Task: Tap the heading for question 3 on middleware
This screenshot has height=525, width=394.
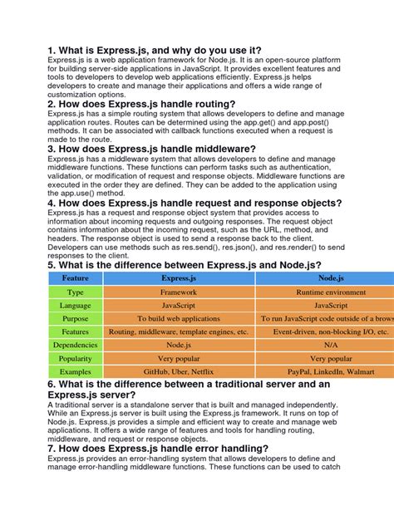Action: coord(152,150)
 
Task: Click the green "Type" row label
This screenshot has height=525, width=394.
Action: coord(75,292)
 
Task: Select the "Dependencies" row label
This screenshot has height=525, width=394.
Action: coord(75,345)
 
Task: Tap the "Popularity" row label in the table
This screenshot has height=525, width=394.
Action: coord(75,361)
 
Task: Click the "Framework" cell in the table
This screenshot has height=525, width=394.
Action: coord(179,292)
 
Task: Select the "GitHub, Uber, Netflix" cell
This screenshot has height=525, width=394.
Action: coord(179,379)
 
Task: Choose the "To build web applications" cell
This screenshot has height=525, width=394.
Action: coord(179,318)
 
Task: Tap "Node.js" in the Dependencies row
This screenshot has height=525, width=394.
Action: coord(179,345)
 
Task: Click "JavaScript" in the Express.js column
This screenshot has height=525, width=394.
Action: coord(179,305)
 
